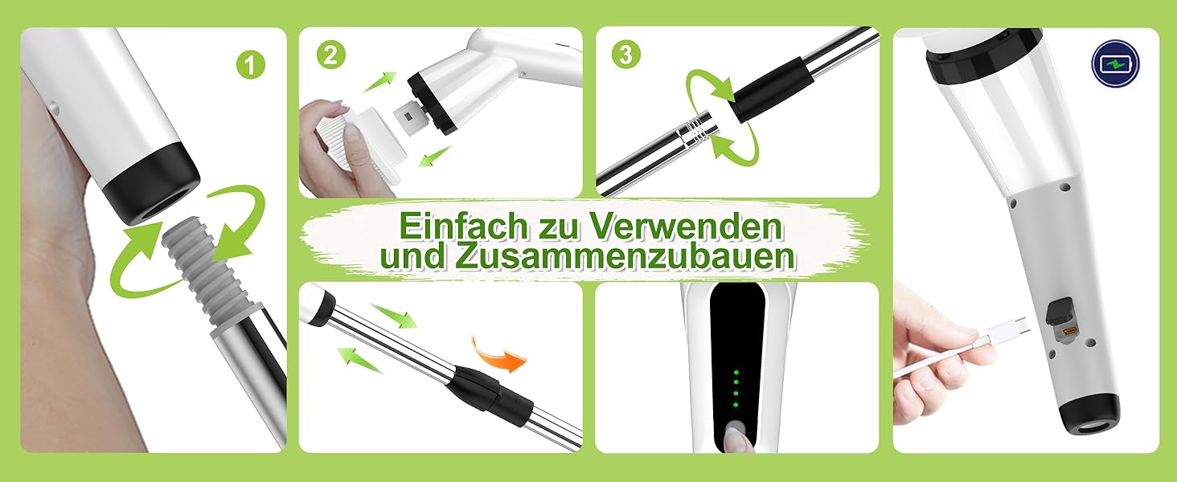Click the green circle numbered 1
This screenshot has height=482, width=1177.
click(x=250, y=65)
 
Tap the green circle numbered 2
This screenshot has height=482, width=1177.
click(x=331, y=55)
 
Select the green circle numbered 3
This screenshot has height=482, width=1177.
click(x=625, y=54)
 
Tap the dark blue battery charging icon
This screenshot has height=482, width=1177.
click(x=1115, y=63)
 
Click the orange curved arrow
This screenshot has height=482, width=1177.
click(x=499, y=353)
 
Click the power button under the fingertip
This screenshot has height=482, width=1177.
click(x=736, y=431)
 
